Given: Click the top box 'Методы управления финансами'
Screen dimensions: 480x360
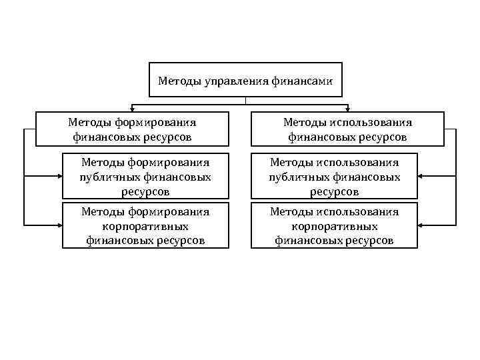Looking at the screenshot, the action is click(x=245, y=80).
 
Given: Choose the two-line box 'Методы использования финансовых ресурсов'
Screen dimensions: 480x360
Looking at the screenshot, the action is click(x=347, y=129).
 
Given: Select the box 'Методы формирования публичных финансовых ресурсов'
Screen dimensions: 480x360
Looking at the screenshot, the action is click(x=145, y=177).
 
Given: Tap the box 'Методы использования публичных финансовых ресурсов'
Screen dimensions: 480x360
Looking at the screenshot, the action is click(x=334, y=177).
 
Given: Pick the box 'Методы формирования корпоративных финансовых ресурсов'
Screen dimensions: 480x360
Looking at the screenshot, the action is click(x=145, y=226).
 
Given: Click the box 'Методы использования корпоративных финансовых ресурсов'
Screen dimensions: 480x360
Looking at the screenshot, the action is click(x=334, y=226).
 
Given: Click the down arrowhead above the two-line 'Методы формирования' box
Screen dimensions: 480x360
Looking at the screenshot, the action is click(x=132, y=108).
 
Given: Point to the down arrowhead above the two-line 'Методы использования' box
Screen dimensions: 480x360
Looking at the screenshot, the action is click(x=347, y=108).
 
